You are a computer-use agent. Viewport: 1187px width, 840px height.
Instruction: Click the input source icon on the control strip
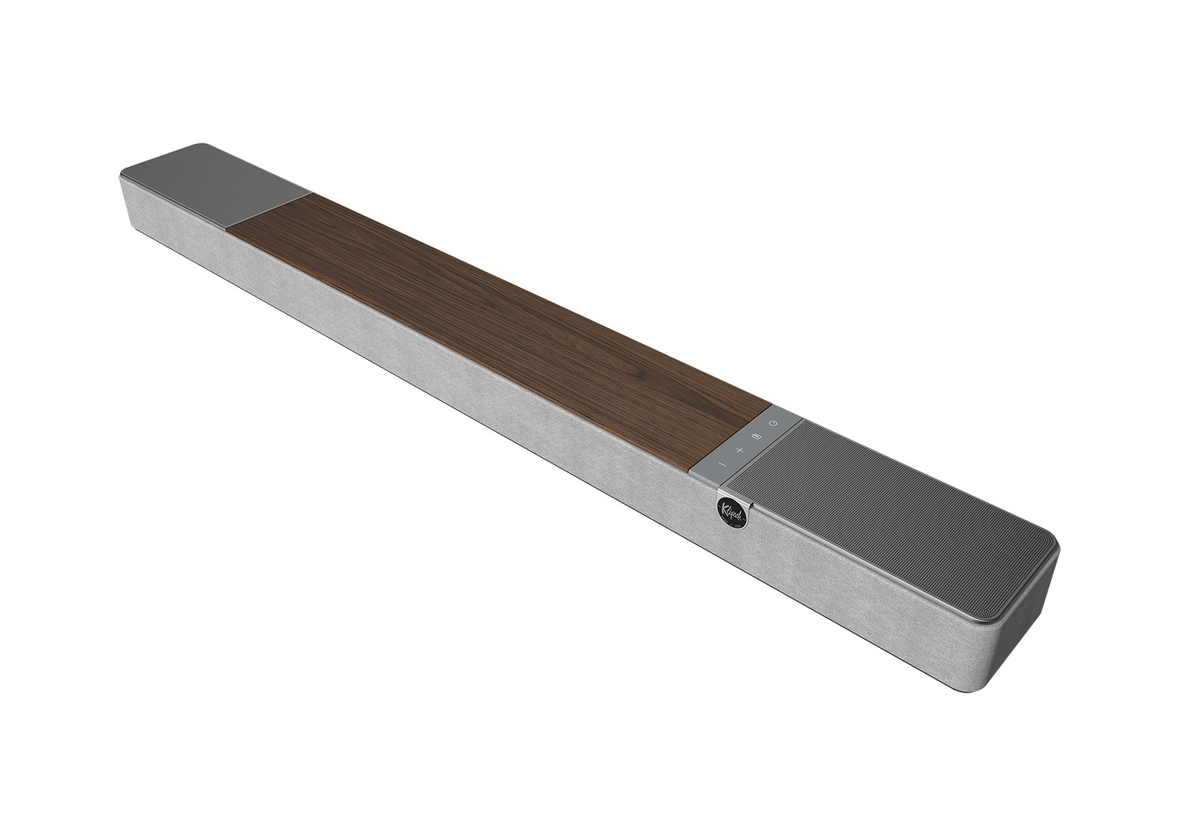click(x=757, y=437)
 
